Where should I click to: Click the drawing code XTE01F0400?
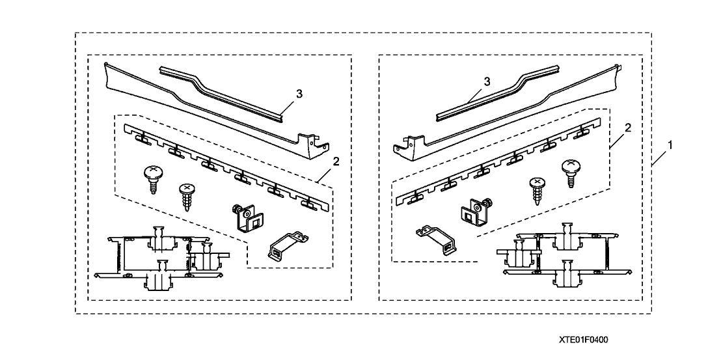(588, 340)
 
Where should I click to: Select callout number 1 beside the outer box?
(670, 143)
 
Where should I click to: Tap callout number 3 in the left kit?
(299, 94)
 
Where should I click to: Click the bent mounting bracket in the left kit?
(282, 245)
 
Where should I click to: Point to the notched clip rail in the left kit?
(221, 165)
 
